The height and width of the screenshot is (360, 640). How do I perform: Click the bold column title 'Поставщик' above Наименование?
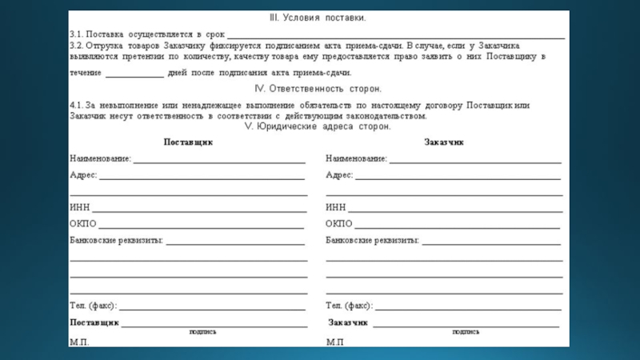tap(188, 142)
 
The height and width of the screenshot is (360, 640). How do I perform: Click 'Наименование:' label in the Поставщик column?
tap(100, 158)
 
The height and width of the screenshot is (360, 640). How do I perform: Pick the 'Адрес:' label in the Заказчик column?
tap(339, 174)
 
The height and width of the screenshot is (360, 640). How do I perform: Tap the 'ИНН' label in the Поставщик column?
tap(79, 207)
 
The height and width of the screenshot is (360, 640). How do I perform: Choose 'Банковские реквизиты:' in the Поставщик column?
tap(116, 240)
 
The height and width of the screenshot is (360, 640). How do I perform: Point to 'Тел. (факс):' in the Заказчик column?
tap(350, 306)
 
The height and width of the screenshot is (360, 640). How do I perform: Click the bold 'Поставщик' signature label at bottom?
tap(94, 322)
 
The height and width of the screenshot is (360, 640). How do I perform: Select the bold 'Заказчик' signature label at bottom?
tap(348, 322)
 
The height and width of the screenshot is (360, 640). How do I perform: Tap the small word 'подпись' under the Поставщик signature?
tap(202, 330)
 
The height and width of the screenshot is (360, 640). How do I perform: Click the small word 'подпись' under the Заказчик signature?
tap(466, 330)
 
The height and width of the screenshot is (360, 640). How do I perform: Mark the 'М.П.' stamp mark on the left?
tap(80, 342)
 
